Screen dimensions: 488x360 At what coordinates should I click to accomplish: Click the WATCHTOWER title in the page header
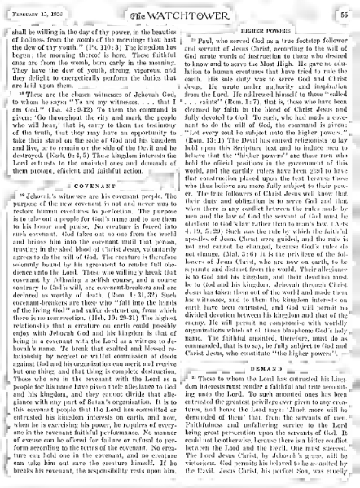pyautogui.click(x=181, y=13)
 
